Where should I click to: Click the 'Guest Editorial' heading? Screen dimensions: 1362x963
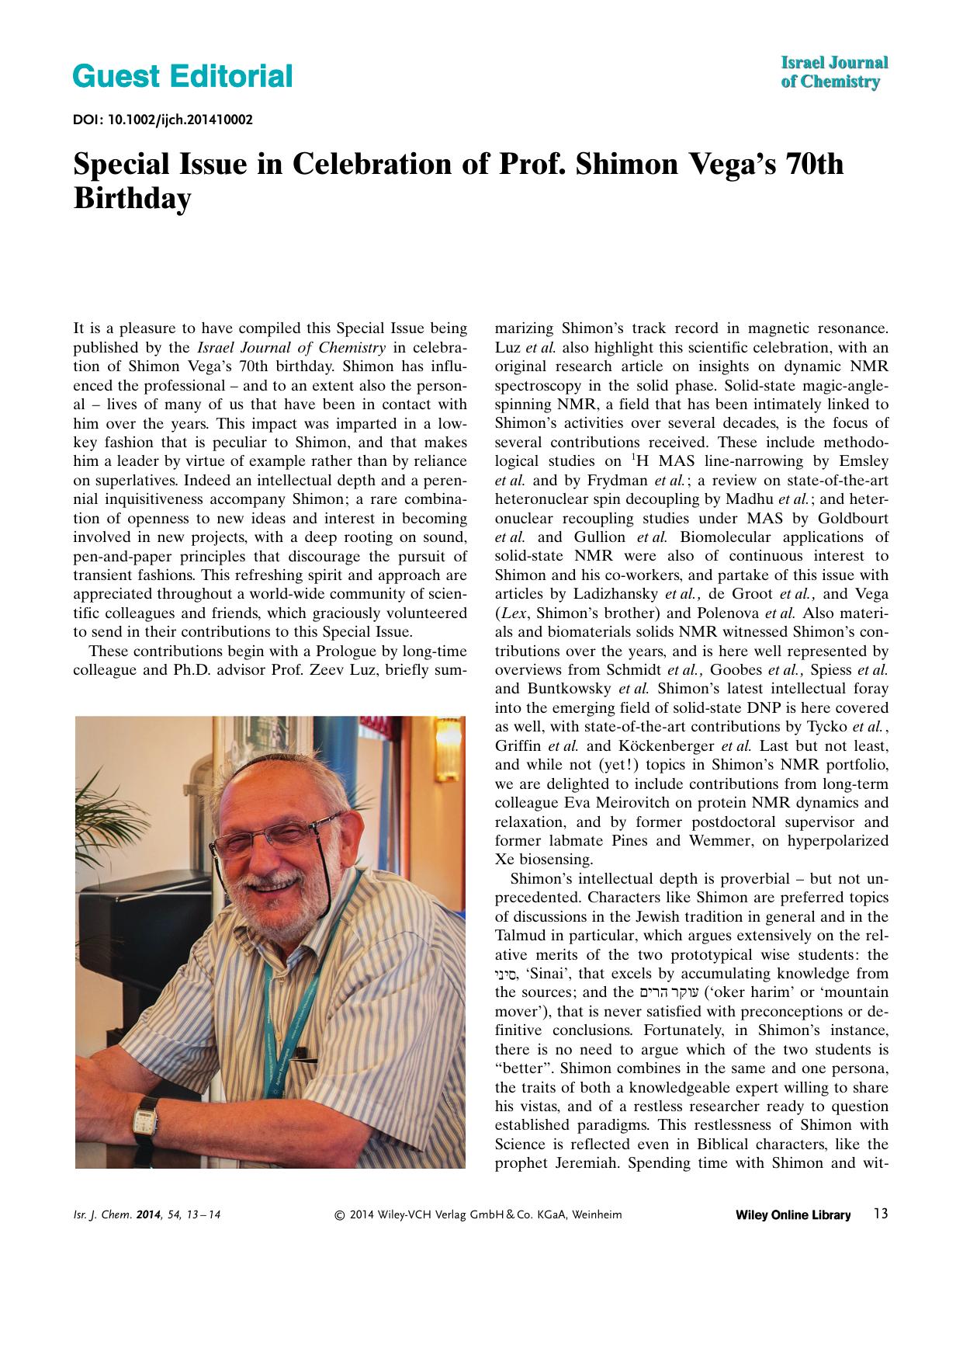pyautogui.click(x=182, y=77)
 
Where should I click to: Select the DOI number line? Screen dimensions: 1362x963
pyautogui.click(x=162, y=120)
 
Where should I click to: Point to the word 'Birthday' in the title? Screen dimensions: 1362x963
pyautogui.click(x=131, y=199)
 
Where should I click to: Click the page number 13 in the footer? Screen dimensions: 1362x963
pyautogui.click(x=880, y=1214)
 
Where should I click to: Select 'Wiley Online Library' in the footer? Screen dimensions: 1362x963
pyautogui.click(x=792, y=1215)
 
